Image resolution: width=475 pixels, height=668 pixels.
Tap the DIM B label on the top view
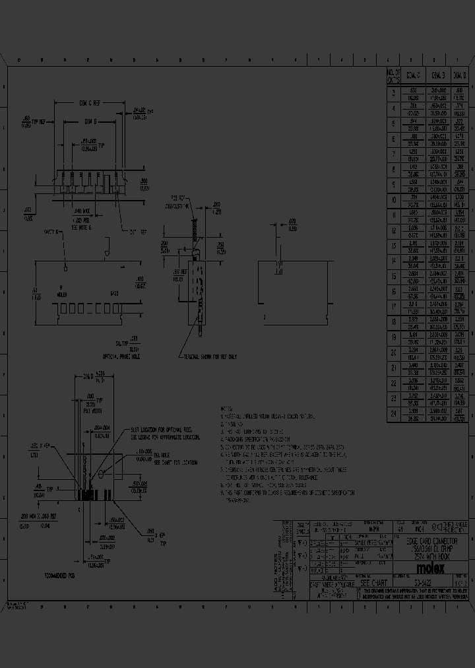pos(91,121)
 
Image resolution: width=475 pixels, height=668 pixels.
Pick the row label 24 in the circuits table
pos(393,415)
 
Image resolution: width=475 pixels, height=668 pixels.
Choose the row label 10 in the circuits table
pos(393,200)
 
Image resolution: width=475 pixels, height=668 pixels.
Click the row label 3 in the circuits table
pos(393,93)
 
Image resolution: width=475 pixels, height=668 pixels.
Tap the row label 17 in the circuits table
pos(393,307)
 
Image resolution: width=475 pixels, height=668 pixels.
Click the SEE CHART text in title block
pos(373,584)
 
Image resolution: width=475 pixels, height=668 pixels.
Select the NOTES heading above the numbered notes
pos(227,410)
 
